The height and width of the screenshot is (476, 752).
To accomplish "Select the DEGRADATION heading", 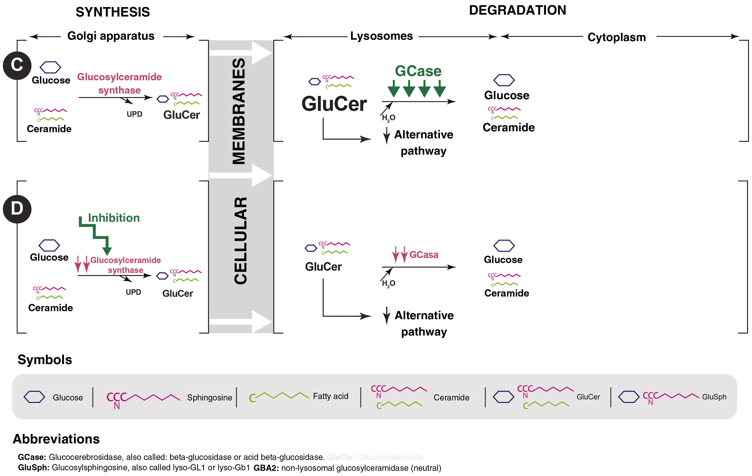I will click(517, 10).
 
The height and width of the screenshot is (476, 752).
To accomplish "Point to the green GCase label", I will click(418, 71).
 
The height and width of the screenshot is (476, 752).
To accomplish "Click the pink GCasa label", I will click(424, 255).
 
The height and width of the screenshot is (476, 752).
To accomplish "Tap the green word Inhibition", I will click(114, 218).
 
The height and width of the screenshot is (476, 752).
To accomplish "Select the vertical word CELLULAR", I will click(241, 240).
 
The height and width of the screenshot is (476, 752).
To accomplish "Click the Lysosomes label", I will click(381, 36).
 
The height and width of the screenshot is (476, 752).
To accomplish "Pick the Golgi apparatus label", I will click(111, 36).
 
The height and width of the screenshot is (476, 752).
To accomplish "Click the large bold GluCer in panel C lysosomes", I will click(334, 104).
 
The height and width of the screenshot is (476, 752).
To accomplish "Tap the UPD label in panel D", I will click(133, 292).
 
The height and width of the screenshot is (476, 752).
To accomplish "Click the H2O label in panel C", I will click(388, 118).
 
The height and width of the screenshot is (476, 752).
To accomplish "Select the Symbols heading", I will click(45, 360).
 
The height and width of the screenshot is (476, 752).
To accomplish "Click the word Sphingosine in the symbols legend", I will click(210, 397).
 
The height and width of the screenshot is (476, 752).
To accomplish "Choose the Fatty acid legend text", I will click(331, 396).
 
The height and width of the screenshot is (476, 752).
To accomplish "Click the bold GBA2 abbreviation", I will click(266, 468).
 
